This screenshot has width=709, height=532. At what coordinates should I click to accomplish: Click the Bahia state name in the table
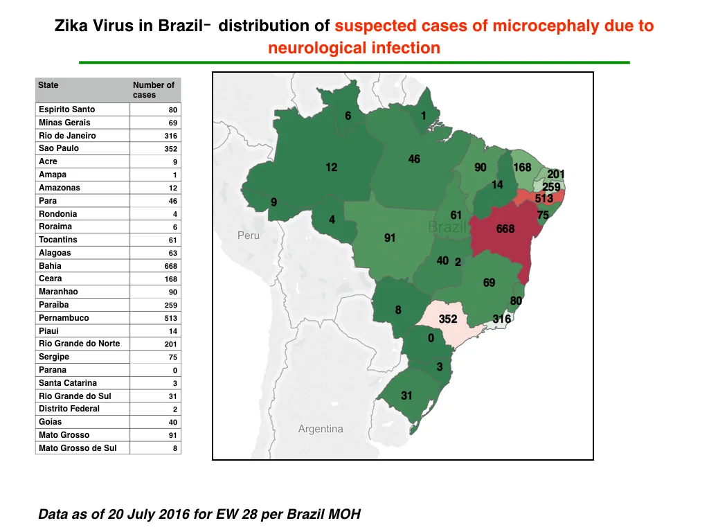50,266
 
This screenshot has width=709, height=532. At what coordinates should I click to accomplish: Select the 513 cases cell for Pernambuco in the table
171,318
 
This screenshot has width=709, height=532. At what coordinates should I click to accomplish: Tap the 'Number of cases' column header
153,89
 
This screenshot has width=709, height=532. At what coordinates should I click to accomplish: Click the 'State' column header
48,85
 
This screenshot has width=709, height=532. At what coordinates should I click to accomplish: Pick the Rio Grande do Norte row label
79,344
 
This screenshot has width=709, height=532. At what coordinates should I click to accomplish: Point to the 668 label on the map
505,229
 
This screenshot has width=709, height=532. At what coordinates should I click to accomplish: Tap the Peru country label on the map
249,236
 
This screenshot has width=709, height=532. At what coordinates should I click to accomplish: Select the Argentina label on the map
321,429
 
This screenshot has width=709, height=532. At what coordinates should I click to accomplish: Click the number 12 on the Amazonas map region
332,168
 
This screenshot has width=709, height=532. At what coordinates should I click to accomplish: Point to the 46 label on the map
414,159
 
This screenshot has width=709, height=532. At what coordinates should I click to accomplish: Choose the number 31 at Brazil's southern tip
406,396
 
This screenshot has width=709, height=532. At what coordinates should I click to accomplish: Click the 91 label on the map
390,238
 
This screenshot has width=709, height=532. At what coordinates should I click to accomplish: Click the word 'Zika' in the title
72,26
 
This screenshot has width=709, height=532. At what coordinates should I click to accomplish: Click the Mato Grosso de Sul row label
78,448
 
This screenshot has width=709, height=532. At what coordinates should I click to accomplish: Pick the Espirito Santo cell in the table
67,109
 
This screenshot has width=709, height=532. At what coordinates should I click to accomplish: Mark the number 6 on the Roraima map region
348,116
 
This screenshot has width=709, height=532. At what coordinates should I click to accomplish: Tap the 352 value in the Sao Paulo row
171,149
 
